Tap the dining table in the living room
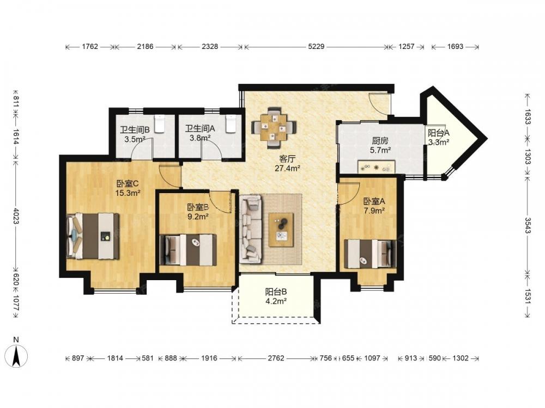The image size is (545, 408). (274, 127)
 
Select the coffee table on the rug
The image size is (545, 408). (281, 230)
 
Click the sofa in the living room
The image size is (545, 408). (250, 229)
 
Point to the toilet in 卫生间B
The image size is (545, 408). (159, 124)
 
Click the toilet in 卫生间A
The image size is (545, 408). (231, 124)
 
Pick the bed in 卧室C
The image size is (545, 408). (93, 236)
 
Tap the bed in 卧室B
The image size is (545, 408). (188, 250)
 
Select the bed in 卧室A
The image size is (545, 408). (370, 254)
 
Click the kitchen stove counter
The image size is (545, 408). (377, 166)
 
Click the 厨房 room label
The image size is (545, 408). (380, 141)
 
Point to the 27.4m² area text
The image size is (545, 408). (287, 169)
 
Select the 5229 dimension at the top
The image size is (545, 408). (316, 46)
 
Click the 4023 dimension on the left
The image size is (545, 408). (16, 215)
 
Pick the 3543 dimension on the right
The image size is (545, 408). (528, 225)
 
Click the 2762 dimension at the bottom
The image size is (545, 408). (276, 358)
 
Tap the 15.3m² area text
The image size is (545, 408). (128, 193)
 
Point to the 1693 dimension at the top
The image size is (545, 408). (455, 46)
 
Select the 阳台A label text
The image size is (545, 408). (439, 133)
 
